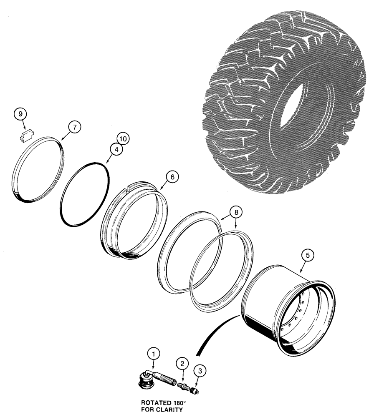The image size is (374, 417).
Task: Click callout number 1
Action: [x=154, y=354]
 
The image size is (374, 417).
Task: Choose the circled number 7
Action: [x=73, y=127]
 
